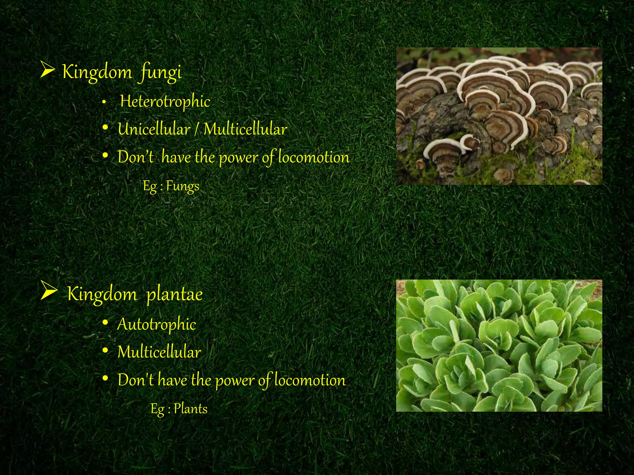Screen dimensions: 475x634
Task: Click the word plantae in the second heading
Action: [x=174, y=294]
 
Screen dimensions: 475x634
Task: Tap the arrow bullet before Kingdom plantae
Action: [x=49, y=291]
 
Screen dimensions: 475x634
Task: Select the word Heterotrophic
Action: [x=165, y=101]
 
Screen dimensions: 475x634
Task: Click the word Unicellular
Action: [x=154, y=129]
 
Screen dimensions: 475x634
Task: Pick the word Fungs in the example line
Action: [x=183, y=186]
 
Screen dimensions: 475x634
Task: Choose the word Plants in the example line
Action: [x=190, y=409]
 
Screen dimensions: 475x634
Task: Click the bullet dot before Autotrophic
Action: [x=105, y=323]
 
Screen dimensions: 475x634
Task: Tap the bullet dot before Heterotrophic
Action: [x=105, y=102]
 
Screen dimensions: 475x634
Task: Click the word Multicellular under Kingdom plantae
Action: [x=159, y=352]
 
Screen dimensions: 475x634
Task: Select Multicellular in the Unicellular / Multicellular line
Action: [x=245, y=129]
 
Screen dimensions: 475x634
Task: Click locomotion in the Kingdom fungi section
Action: [x=314, y=157]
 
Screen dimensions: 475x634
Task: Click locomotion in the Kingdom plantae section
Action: [x=310, y=380]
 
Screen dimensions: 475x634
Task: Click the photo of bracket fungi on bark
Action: [x=499, y=116]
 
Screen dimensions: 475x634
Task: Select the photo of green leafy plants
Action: [x=499, y=345]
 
